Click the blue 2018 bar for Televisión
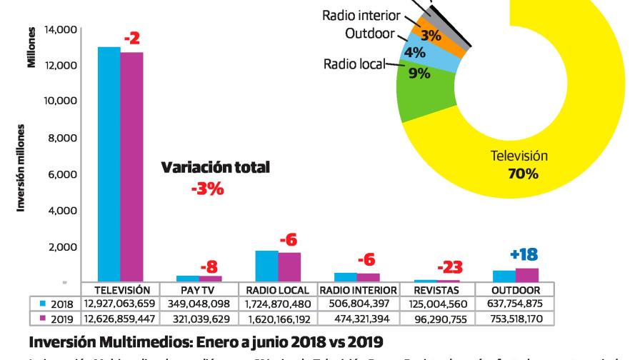pyautogui.click(x=109, y=164)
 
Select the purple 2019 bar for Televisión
pyautogui.click(x=131, y=167)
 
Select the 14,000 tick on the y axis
pyautogui.click(x=59, y=29)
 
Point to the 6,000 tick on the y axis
pyautogui.click(x=62, y=174)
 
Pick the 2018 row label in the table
pyautogui.click(x=56, y=304)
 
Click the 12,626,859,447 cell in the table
pyautogui.click(x=120, y=316)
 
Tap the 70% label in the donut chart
pyautogui.click(x=524, y=173)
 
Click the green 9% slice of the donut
pyautogui.click(x=421, y=96)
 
